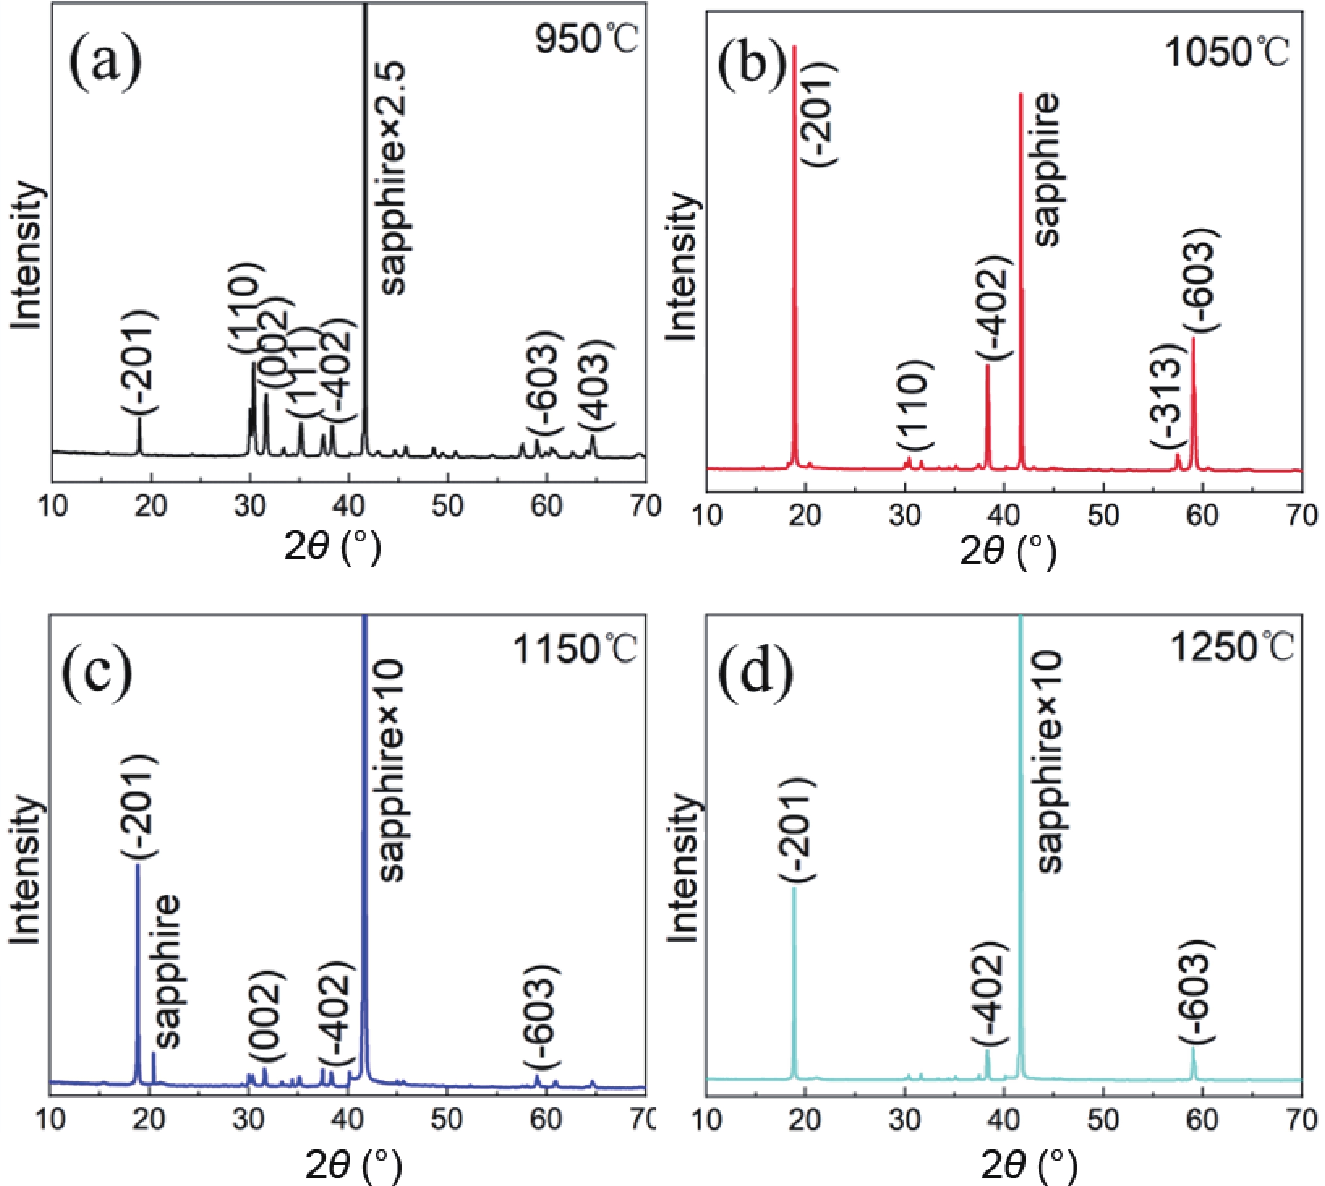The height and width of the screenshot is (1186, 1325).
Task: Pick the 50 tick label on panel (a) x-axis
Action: (x=448, y=506)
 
